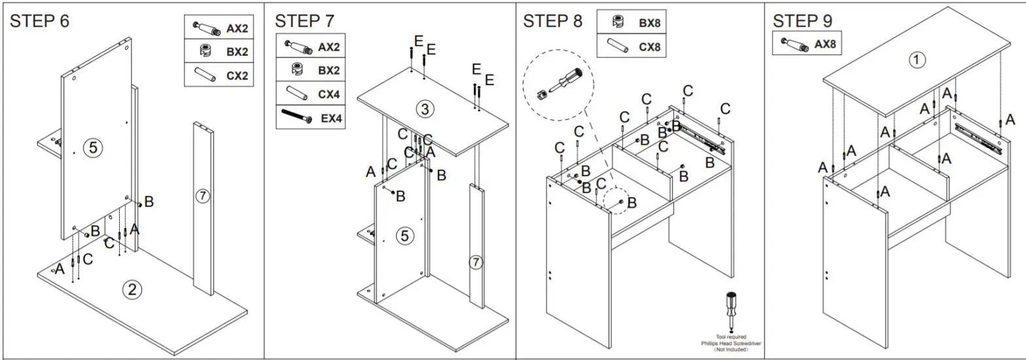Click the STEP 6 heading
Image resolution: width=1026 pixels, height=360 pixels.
pos(39,21)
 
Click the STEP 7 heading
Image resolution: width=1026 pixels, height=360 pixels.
pos(304,21)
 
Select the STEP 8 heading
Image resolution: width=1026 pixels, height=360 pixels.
pos(552,21)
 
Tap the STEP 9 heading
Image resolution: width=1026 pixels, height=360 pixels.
pos(803,21)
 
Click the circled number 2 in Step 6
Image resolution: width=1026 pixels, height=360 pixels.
pos(132,289)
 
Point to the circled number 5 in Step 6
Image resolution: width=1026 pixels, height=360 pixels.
pos(92,148)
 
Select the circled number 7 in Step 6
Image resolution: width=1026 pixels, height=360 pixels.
pos(203,195)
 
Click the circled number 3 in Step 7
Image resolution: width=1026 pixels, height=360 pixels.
pos(425,109)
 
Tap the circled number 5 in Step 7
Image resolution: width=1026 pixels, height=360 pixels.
pos(405,236)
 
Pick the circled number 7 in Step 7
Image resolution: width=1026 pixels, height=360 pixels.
pos(476,262)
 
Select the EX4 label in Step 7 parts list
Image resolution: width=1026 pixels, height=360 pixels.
pos(331,118)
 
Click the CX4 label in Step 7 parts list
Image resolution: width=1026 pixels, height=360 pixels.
pos(328,94)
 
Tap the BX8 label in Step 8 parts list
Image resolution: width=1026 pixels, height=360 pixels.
pos(650,23)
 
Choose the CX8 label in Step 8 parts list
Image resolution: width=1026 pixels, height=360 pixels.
pos(650,47)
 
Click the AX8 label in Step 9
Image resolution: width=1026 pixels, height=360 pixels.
pos(825,45)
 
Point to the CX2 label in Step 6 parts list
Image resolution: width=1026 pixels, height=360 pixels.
pos(238,75)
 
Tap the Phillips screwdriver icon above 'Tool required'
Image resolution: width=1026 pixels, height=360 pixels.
pos(732,312)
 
